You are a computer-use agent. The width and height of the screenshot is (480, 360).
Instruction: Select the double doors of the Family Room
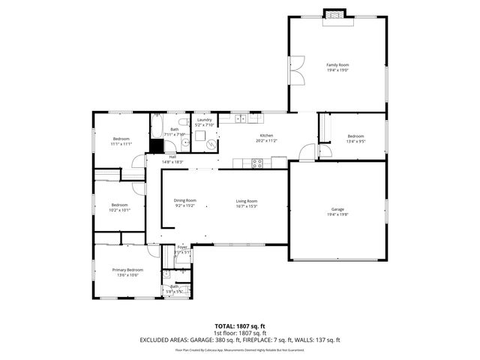[x=298, y=68]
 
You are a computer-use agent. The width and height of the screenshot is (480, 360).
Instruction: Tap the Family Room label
[x=337, y=65]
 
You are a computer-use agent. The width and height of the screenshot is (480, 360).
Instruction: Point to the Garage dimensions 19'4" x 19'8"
[x=337, y=214]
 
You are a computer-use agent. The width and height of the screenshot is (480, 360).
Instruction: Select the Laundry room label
[x=204, y=120]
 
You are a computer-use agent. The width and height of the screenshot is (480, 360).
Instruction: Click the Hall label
[x=172, y=157]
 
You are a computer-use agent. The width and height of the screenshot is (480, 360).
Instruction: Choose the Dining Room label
[x=184, y=200]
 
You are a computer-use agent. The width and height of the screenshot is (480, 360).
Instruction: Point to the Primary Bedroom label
[x=127, y=269]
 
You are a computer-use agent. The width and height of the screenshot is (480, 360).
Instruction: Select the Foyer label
[x=182, y=247]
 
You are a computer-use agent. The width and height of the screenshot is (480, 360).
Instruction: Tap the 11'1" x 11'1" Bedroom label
[x=121, y=139]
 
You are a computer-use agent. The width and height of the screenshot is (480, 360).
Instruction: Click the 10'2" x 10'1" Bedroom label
[x=120, y=205]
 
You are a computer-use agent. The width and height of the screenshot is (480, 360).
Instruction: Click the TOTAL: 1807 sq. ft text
[x=240, y=325]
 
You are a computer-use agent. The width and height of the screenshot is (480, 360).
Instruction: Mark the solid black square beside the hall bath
[x=157, y=146]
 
